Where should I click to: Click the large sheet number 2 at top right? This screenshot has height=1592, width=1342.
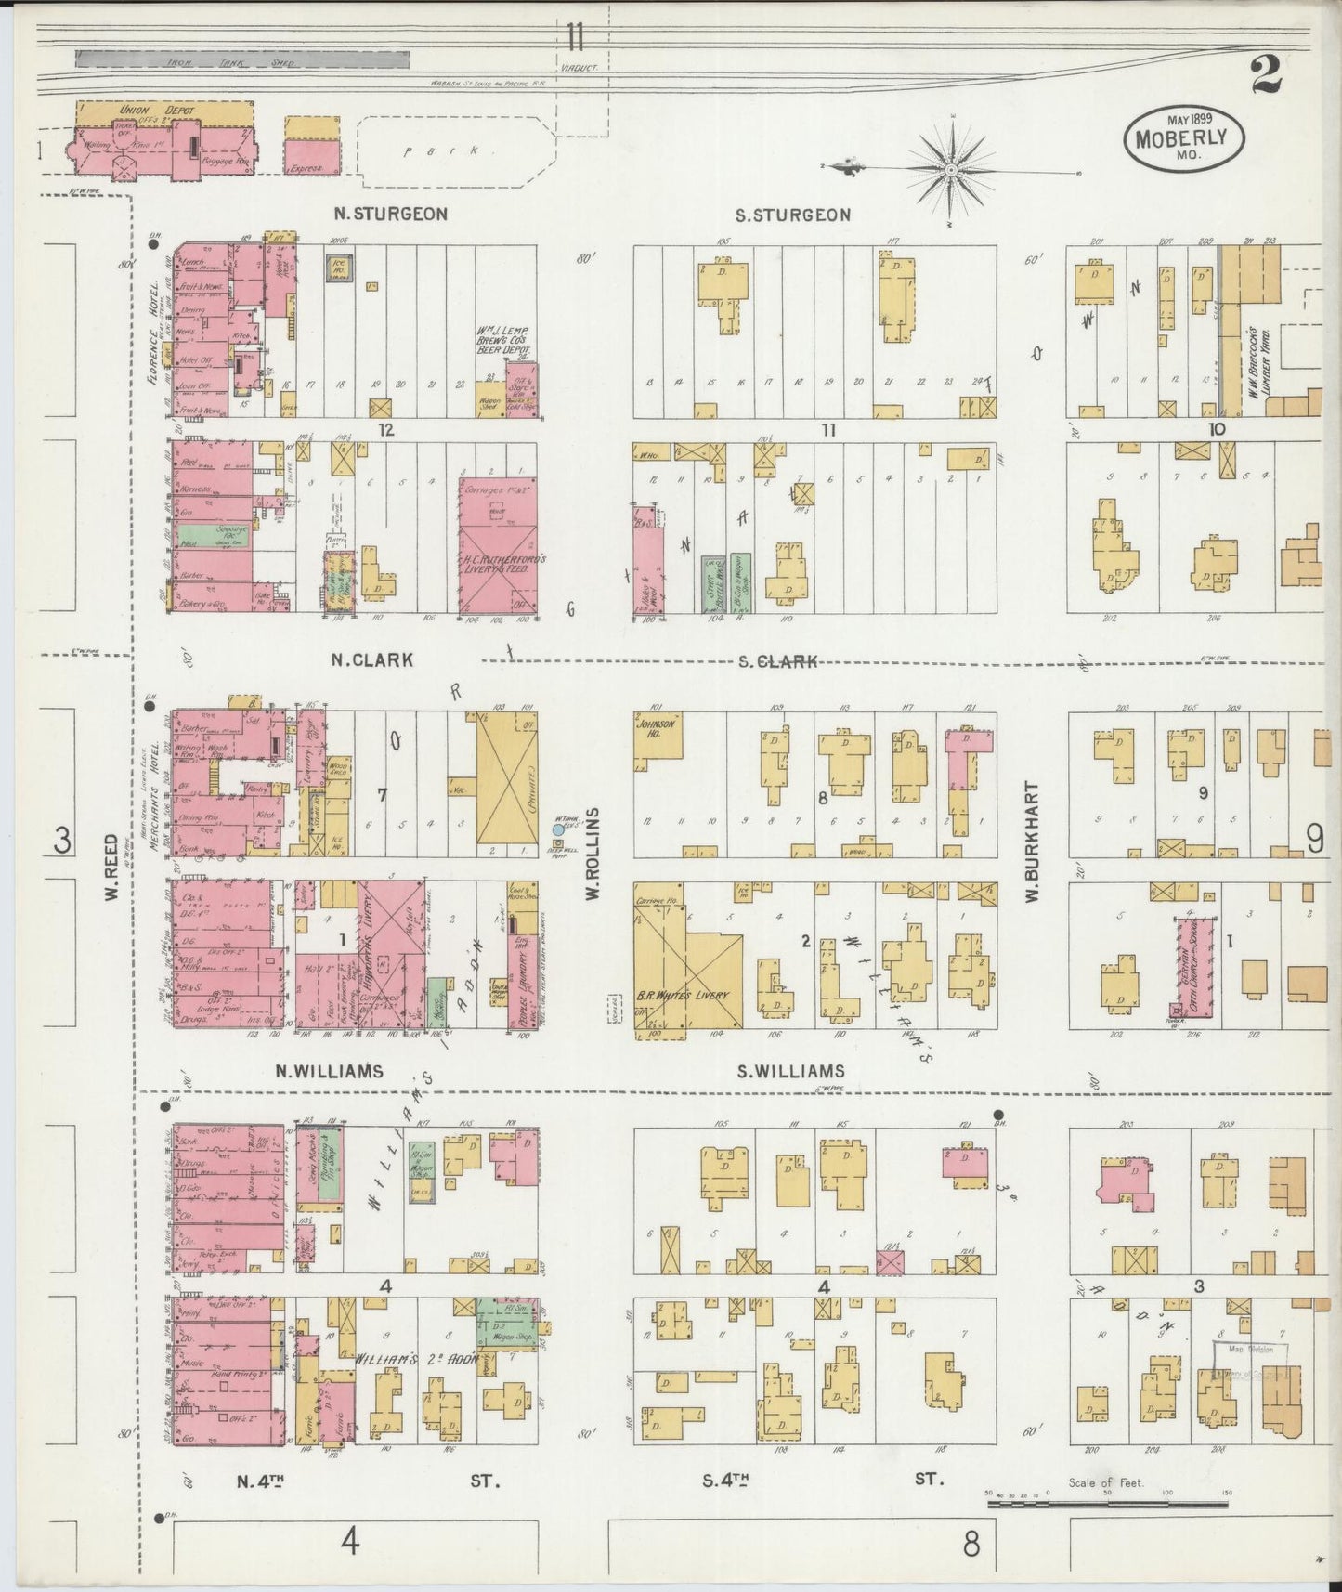[1267, 76]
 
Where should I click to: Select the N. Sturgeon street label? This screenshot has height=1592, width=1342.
[390, 215]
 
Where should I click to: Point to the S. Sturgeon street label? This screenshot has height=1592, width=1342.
[792, 215]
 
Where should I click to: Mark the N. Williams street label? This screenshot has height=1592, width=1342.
[329, 1071]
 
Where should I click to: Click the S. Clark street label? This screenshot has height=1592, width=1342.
[778, 661]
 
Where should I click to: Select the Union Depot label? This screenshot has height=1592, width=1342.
[135, 111]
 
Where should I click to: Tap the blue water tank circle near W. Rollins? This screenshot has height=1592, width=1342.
[558, 829]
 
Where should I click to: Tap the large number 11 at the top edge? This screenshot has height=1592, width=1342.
[575, 38]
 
